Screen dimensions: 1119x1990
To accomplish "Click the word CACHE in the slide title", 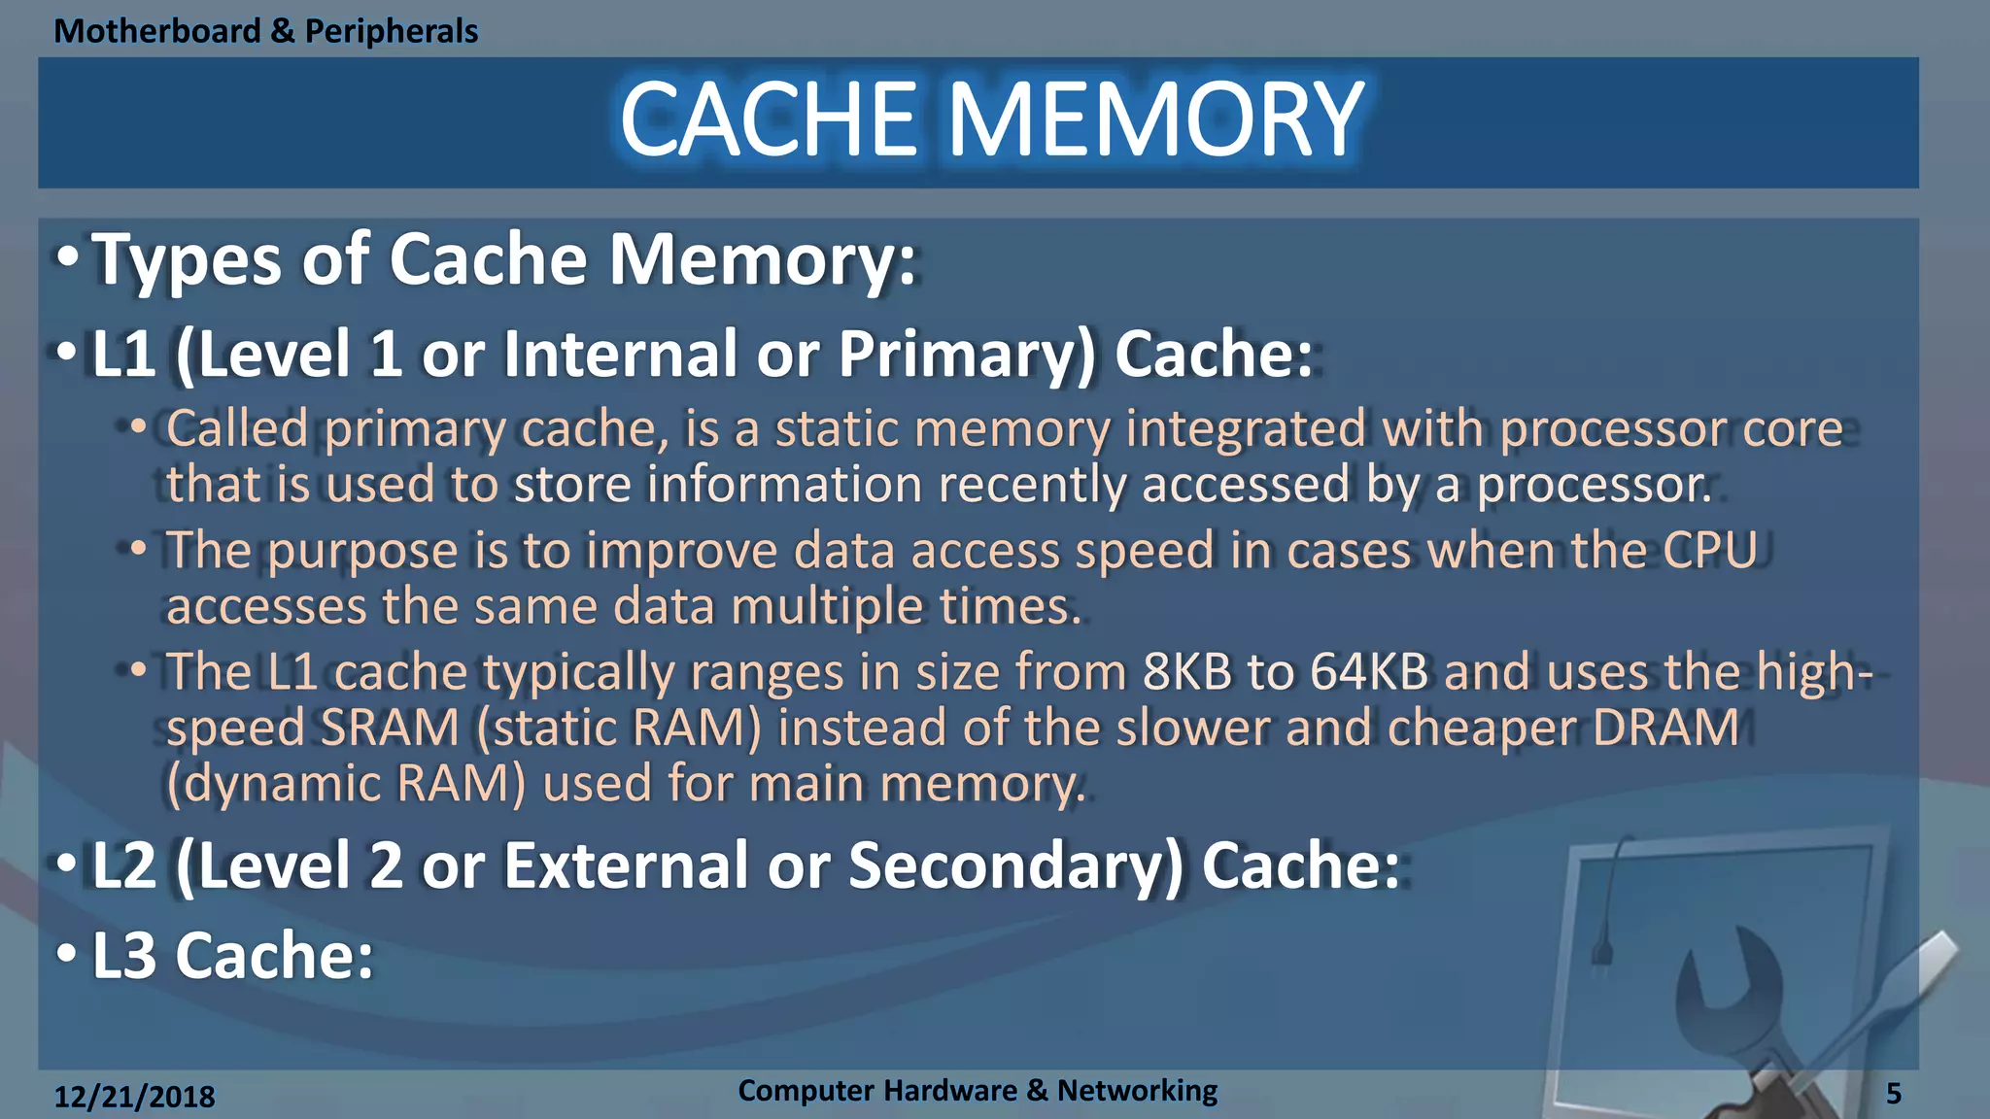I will tap(769, 119).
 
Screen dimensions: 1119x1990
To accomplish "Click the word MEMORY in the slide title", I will tap(1156, 119).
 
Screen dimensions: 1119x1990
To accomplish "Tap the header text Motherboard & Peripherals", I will tap(265, 31).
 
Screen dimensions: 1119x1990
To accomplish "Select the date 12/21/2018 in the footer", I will tap(134, 1097).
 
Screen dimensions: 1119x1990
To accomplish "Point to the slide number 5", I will tap(1893, 1094).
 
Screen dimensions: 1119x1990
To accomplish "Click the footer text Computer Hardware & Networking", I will tap(977, 1090).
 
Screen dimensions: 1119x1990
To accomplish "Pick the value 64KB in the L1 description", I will tap(1369, 671).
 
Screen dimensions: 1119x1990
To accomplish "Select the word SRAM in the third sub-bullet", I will tap(389, 728).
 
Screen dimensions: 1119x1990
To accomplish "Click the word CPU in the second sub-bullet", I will tap(1710, 550).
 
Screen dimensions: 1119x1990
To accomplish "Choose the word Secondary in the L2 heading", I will tap(1015, 865).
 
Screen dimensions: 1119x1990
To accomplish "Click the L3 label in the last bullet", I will tap(123, 956).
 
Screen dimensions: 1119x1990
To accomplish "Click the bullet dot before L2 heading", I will tap(66, 864).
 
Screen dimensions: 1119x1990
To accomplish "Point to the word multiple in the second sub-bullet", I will tap(826, 607).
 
